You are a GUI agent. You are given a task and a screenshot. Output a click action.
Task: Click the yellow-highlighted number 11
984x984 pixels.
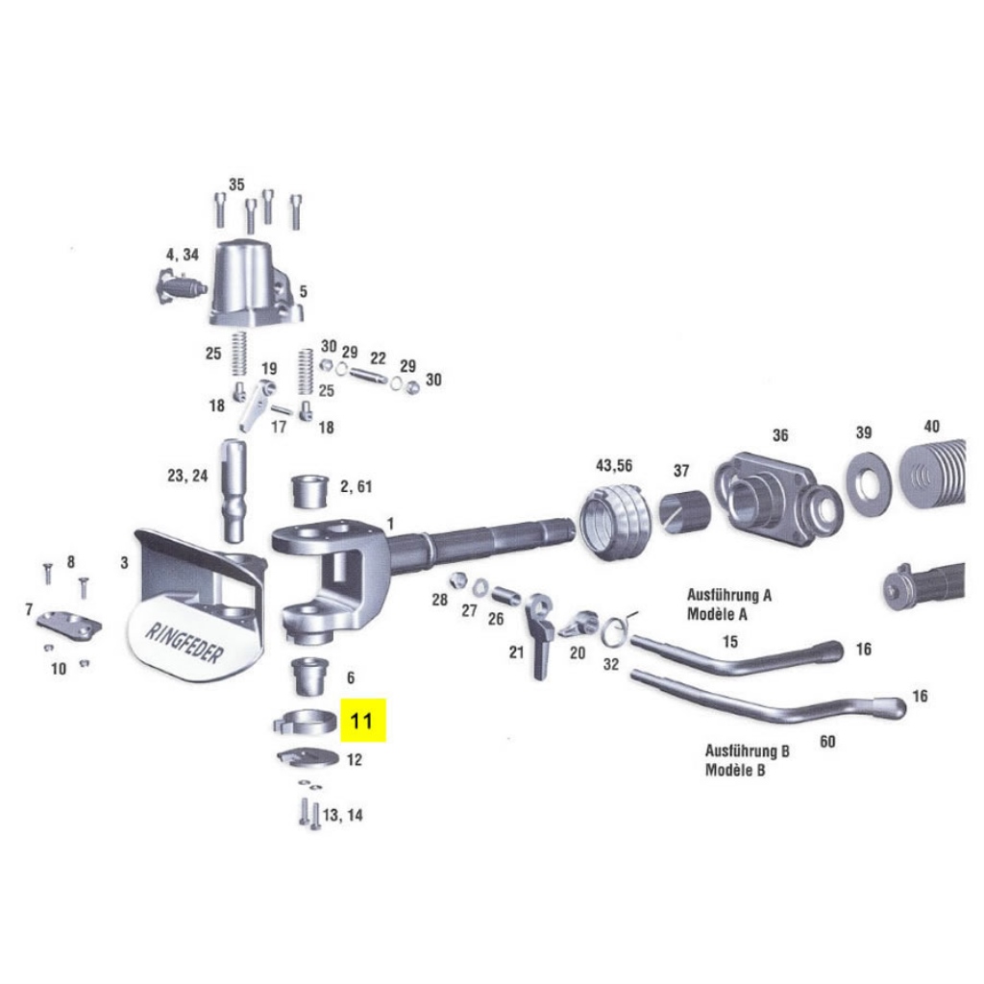[361, 721]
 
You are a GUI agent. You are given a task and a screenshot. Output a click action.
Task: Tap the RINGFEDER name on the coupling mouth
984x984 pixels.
[184, 643]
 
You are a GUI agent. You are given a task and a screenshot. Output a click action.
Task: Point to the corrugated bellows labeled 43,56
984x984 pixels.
[613, 520]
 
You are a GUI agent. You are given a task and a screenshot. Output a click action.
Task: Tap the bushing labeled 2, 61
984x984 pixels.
[310, 490]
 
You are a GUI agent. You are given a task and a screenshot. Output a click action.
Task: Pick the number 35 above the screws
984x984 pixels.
[236, 184]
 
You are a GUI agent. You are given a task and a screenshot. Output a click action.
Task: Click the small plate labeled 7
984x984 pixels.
[69, 624]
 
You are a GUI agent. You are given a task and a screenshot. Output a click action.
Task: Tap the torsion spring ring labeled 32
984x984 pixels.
[614, 630]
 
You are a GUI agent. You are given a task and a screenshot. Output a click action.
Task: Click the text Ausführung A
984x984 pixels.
[729, 595]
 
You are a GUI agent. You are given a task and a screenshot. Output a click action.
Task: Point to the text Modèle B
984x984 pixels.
[735, 770]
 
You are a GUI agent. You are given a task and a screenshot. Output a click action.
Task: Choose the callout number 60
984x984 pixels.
[827, 742]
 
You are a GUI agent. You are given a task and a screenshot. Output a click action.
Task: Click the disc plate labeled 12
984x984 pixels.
[308, 757]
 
